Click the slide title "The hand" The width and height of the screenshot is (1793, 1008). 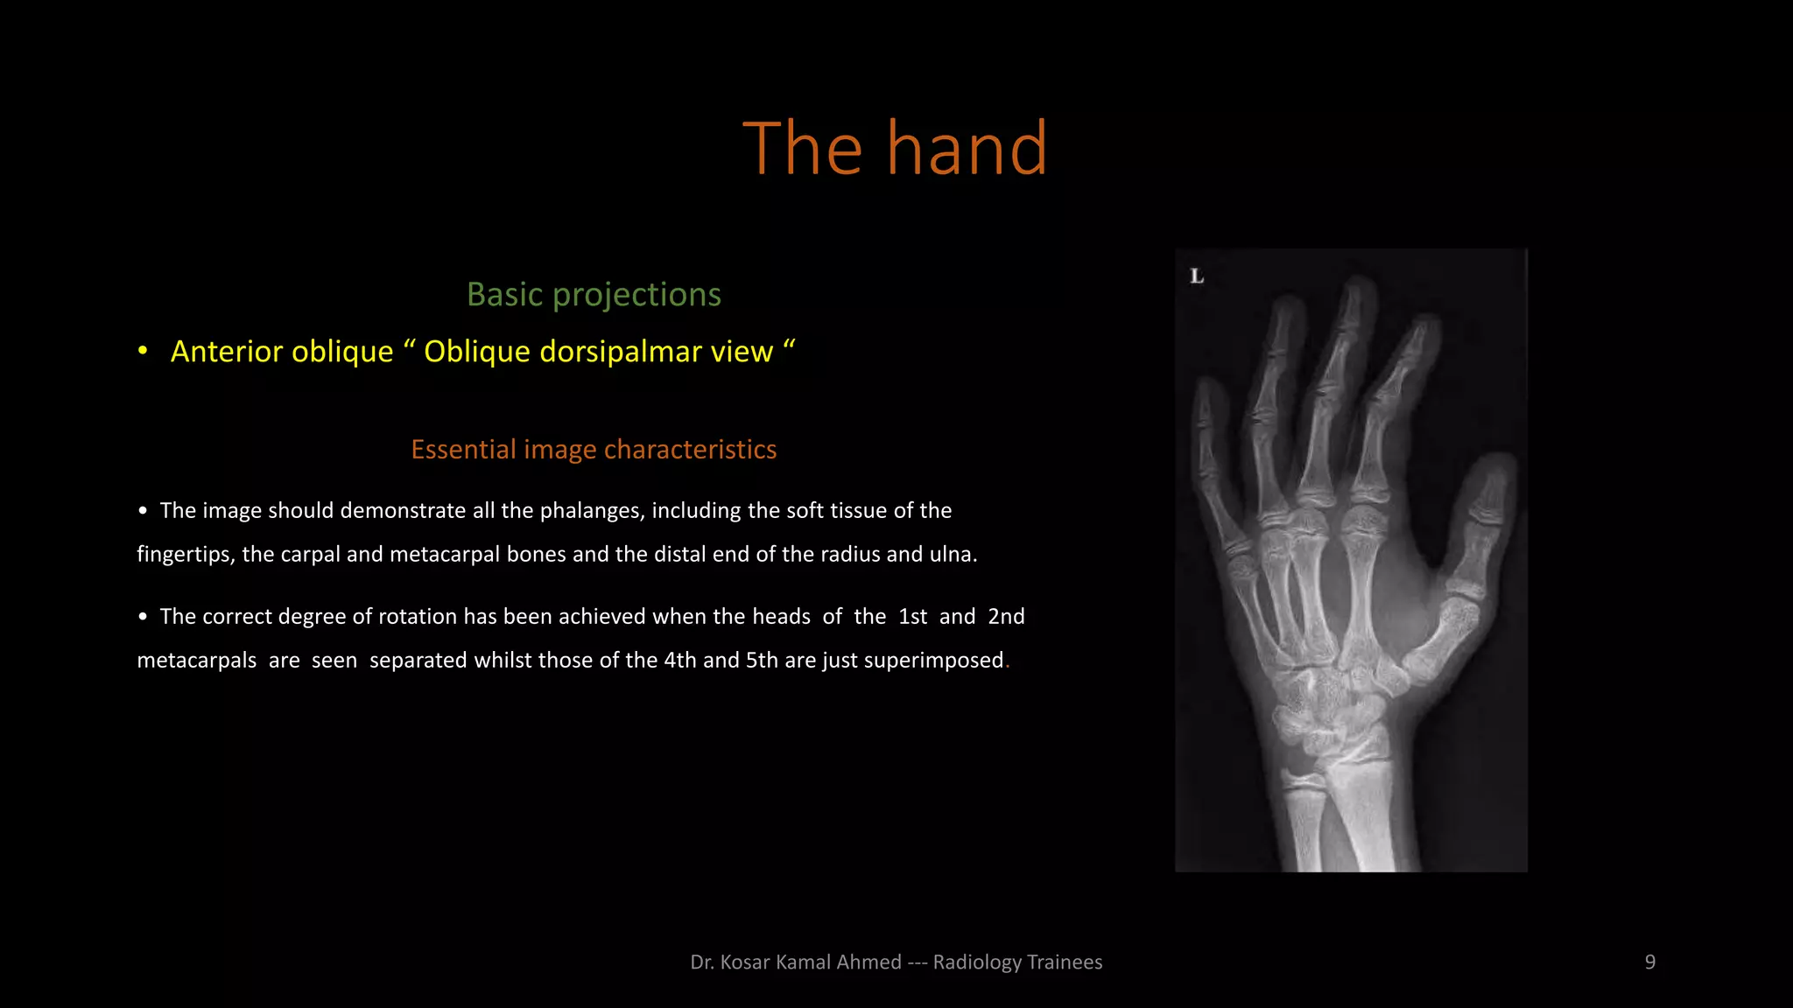point(895,149)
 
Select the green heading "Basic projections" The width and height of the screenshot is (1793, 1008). point(594,295)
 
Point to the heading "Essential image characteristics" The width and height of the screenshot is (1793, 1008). point(594,450)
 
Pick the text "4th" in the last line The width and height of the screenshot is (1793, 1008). point(680,661)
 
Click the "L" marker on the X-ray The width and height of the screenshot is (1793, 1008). point(1197,276)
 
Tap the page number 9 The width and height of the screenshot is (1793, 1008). point(1649,962)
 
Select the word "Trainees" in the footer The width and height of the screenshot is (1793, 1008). point(1065,962)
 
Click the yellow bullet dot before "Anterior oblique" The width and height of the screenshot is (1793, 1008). point(143,352)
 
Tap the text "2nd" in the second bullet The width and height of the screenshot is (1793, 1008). point(1006,617)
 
